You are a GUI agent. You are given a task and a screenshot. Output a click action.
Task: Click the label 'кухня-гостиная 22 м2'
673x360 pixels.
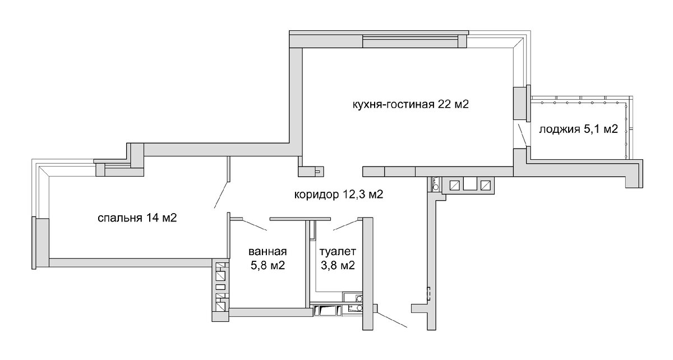411,104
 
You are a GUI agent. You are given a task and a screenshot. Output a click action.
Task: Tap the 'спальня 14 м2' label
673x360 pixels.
137,218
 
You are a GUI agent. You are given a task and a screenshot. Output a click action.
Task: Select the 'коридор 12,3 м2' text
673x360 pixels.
339,195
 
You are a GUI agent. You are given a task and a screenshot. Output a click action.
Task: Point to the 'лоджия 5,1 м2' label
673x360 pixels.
578,129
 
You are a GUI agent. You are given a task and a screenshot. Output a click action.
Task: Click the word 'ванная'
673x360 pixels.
268,251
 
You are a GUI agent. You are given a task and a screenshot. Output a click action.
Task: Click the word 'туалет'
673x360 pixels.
338,251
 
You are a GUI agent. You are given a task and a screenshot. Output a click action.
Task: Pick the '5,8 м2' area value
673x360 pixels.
268,265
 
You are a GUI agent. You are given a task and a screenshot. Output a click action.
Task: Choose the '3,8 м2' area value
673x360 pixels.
338,265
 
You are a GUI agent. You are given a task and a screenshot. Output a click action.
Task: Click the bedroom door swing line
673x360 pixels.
222,195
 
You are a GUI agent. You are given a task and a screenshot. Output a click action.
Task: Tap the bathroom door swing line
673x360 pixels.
254,225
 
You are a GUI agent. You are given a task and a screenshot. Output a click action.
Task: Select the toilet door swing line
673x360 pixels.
345,225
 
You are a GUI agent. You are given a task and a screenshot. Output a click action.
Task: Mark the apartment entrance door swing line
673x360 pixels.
392,320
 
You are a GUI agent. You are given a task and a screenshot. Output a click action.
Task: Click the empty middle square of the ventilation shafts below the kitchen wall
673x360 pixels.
470,185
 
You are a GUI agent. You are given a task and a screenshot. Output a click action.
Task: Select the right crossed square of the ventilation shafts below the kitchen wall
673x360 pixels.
486,185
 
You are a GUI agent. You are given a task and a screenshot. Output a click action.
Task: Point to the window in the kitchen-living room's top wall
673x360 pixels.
411,41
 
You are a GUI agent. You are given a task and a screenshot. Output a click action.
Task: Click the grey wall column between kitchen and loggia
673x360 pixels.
519,103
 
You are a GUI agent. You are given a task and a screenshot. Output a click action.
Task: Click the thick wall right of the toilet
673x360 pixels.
368,274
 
